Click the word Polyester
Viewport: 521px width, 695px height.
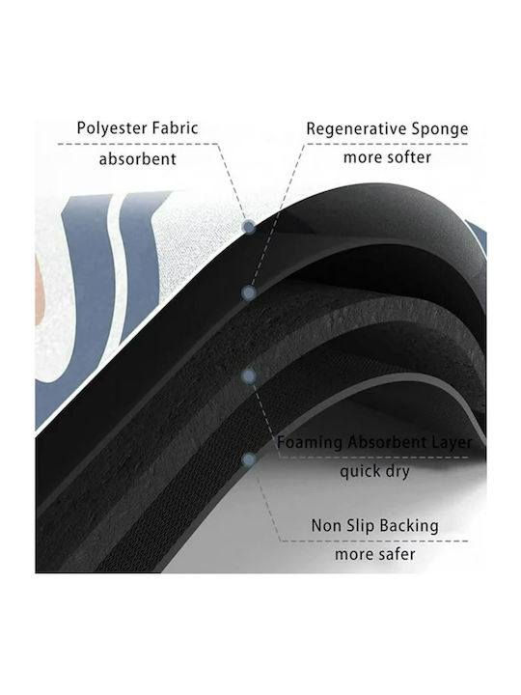coord(112,128)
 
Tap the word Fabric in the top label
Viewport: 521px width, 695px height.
coord(175,127)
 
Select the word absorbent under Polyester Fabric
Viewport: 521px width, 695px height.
coord(137,158)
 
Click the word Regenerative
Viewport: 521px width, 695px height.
coord(356,129)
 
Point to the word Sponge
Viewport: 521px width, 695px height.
coord(440,129)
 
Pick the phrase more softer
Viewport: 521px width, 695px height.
coord(387,157)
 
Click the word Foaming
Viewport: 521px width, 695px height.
coord(310,442)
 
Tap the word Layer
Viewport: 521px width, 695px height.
coord(452,442)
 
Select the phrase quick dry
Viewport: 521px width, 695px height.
coord(374,471)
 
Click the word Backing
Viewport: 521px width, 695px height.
coord(409,526)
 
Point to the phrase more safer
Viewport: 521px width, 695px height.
coord(374,554)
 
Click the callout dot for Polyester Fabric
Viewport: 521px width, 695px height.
coord(249,228)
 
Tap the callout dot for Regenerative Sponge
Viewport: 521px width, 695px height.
coord(249,293)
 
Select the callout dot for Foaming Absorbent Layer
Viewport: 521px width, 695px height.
coord(250,376)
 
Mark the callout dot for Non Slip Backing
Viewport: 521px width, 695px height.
coord(250,459)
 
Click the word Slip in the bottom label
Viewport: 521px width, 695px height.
coord(361,526)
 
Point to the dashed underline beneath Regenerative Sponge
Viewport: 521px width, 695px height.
coord(387,144)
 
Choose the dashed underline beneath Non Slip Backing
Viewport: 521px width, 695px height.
coord(374,541)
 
